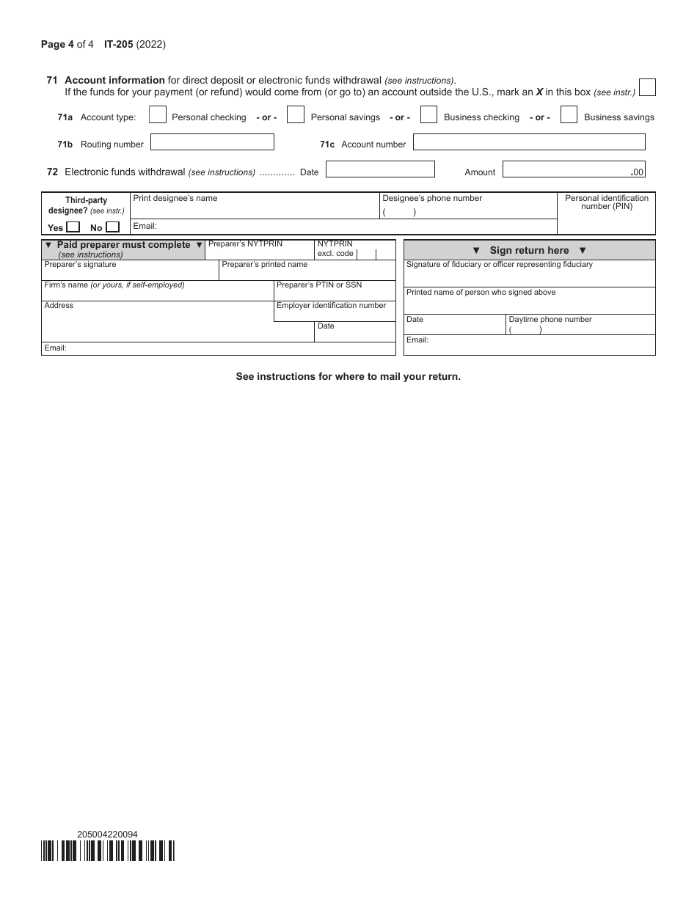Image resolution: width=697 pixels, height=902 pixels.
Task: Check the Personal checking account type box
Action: click(x=158, y=115)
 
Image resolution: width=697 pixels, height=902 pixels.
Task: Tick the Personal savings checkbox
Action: click(x=296, y=115)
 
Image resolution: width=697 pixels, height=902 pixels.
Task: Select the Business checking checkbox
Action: click(x=429, y=115)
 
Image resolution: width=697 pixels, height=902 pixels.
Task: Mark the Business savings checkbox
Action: click(x=569, y=115)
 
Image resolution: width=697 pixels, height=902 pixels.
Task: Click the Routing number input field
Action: click(x=212, y=142)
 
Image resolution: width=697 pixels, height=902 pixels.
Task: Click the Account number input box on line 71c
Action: click(x=529, y=142)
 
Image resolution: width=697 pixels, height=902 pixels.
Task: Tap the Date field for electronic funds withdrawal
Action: click(x=380, y=169)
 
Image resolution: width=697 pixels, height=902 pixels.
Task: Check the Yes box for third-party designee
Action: click(x=73, y=227)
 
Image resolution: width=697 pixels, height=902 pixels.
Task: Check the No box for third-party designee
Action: click(x=112, y=227)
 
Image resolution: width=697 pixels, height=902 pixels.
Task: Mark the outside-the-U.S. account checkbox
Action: click(x=647, y=88)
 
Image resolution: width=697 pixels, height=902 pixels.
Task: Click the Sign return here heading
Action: click(x=529, y=250)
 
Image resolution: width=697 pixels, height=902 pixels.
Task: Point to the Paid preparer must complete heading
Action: click(x=123, y=245)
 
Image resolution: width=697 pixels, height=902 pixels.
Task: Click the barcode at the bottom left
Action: click(x=108, y=850)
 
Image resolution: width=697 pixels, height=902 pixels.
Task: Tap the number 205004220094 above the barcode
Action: click(x=107, y=834)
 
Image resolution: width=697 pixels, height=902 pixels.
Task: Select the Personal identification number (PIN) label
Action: click(x=606, y=202)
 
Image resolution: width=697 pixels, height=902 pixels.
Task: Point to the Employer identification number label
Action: click(x=331, y=306)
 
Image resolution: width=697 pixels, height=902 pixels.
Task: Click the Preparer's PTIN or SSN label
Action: click(x=319, y=285)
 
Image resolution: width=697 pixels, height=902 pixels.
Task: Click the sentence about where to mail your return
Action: click(x=348, y=376)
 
